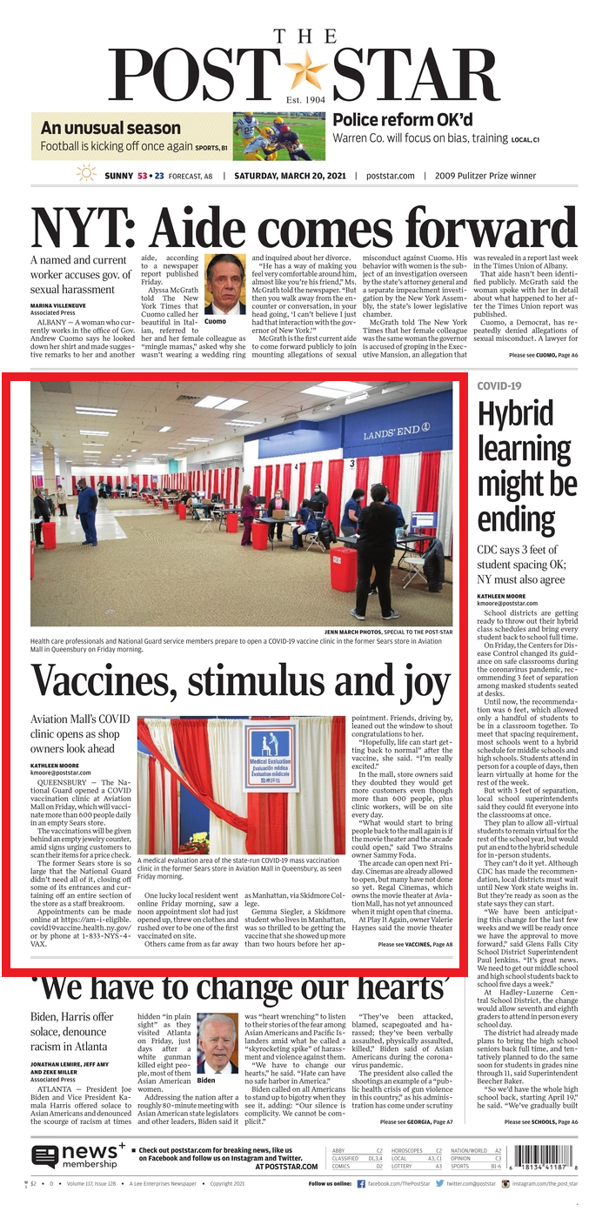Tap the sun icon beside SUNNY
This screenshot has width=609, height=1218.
point(86,174)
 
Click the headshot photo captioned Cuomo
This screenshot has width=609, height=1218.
point(225,284)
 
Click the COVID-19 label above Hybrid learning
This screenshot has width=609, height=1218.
point(499,385)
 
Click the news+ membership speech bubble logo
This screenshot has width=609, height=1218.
point(45,1156)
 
